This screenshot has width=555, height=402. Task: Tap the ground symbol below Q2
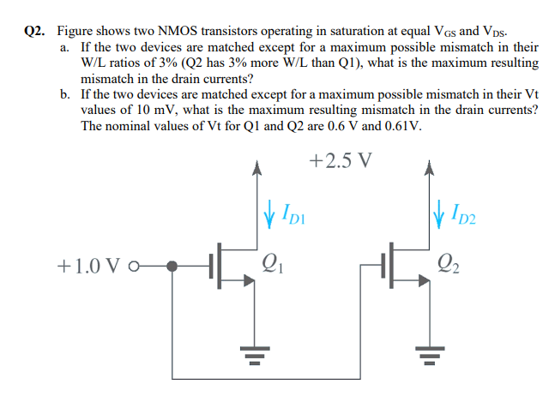(x=425, y=353)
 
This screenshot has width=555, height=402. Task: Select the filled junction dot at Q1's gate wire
(x=172, y=266)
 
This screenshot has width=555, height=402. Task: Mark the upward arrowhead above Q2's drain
(x=425, y=169)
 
